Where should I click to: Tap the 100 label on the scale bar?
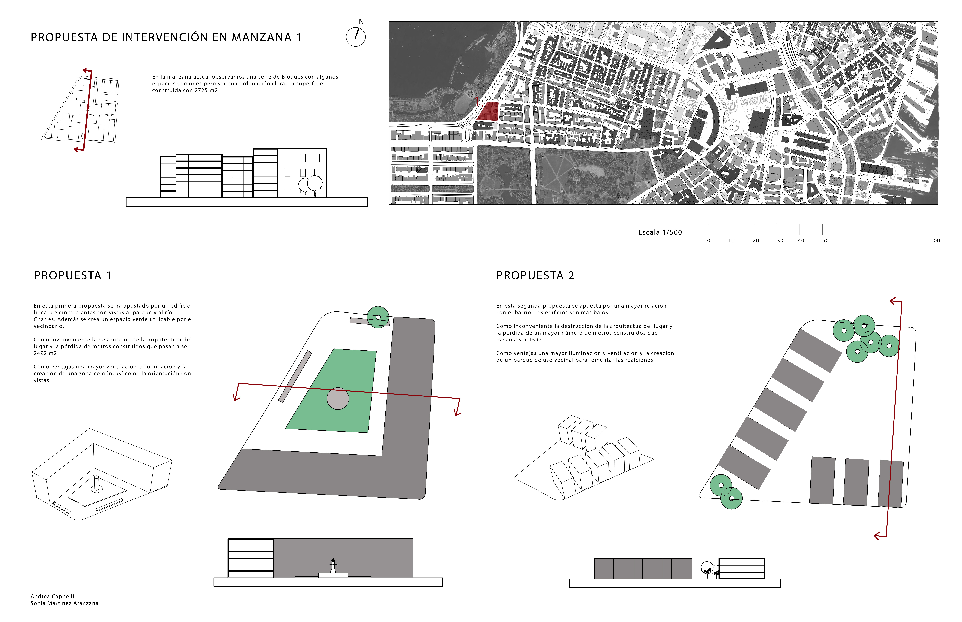[x=935, y=241]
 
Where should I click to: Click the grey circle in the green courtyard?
[x=338, y=399]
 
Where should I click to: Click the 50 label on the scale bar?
[x=825, y=241]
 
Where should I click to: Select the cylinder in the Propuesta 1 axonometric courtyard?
[x=96, y=483]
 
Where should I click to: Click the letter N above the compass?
[x=361, y=21]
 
